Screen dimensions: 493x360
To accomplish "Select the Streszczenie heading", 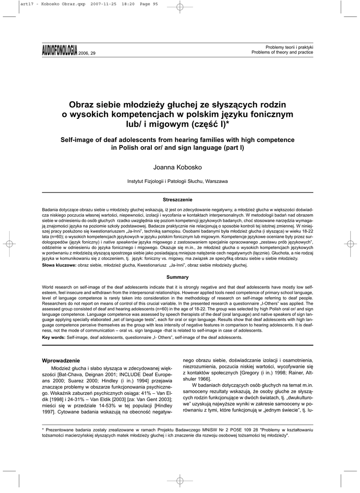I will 178,199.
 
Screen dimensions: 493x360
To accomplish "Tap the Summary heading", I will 178,277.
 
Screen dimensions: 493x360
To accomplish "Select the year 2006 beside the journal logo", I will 84,52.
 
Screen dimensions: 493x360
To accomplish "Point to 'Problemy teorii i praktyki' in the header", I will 290,47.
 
